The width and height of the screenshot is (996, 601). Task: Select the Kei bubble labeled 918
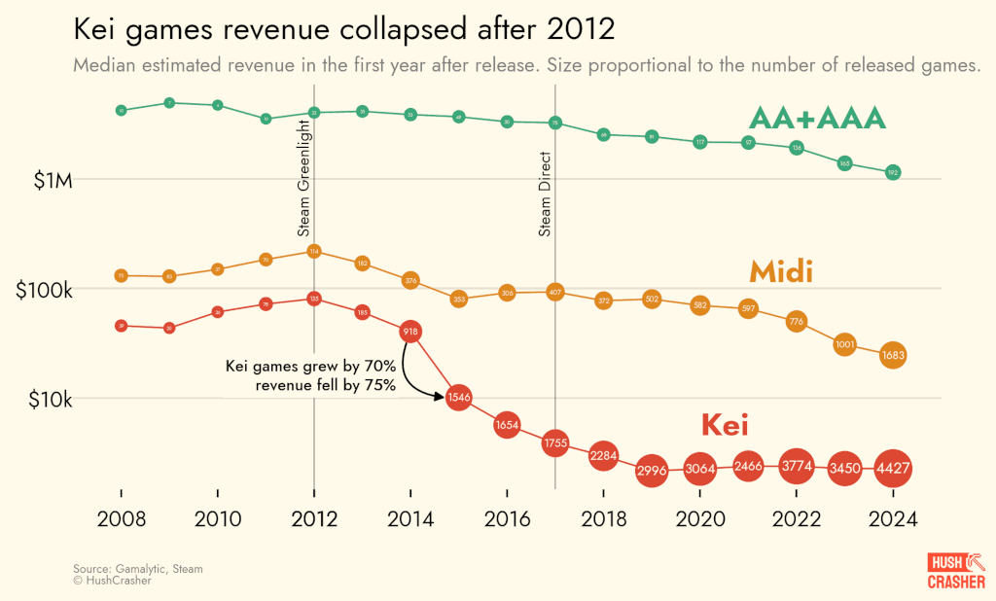(x=410, y=333)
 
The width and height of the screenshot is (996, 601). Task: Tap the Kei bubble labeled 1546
(x=458, y=397)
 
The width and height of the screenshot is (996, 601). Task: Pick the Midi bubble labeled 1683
(x=893, y=356)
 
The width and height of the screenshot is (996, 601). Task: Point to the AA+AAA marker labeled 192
(x=893, y=172)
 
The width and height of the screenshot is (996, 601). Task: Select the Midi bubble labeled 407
(x=554, y=291)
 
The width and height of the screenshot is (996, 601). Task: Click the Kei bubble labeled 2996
(x=651, y=471)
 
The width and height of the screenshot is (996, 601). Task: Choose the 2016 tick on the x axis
(x=507, y=519)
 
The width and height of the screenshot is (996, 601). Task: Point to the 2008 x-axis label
(x=121, y=519)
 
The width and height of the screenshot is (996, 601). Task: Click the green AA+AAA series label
(x=817, y=119)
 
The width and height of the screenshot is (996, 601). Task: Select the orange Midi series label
(x=781, y=271)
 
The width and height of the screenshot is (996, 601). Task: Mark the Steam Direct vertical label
(x=545, y=194)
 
